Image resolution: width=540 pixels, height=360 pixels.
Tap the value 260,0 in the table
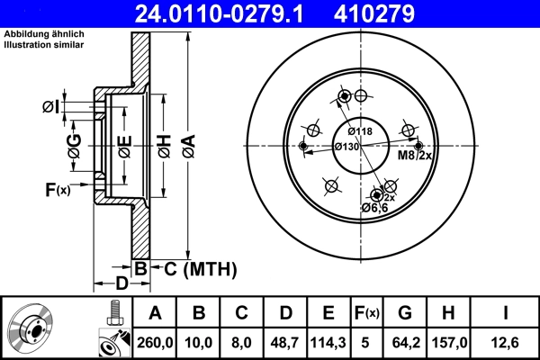(x=155, y=342)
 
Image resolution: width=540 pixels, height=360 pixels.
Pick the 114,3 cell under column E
(x=329, y=342)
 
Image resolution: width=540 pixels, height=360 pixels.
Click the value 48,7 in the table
(x=285, y=342)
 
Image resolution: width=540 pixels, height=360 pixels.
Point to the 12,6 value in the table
(x=506, y=342)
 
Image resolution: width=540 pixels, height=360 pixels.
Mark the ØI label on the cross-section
(x=50, y=108)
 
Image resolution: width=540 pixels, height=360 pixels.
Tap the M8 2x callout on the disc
(x=416, y=156)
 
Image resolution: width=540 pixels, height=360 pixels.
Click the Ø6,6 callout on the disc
(x=373, y=208)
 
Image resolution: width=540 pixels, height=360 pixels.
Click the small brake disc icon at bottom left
(x=31, y=328)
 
